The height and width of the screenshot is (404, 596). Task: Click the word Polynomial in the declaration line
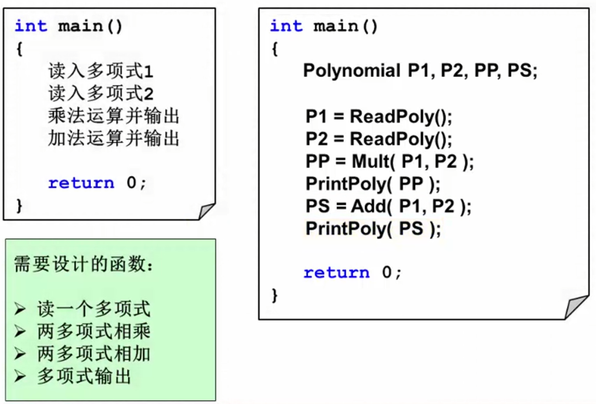point(352,71)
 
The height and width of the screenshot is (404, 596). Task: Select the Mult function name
point(371,162)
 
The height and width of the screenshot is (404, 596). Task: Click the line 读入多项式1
point(100,71)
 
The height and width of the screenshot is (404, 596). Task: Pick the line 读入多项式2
point(100,93)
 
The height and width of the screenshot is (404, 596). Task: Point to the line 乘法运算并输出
point(113,116)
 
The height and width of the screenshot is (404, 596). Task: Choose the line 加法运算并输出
point(113,138)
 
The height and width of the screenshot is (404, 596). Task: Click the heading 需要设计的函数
point(83,264)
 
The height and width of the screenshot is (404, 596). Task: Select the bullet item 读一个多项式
point(93,309)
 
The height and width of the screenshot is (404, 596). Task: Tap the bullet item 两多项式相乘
point(93,332)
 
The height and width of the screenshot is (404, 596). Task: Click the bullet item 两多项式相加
point(93,354)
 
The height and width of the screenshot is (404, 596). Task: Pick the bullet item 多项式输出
point(84,376)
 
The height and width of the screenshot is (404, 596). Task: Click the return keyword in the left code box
point(81,183)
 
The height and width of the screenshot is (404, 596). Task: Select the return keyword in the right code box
point(336,272)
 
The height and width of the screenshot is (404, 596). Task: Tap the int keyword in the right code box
point(286,26)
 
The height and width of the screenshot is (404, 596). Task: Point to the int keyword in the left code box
point(31,26)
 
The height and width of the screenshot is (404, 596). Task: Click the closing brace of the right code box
point(274,295)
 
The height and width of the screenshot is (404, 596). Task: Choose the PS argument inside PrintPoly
point(411,228)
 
